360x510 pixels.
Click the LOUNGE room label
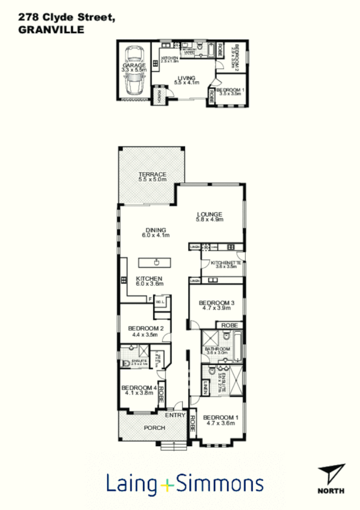point(210,217)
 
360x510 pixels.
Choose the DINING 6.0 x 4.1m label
point(155,232)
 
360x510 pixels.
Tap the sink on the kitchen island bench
point(156,262)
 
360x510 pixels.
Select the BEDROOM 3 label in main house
point(216,304)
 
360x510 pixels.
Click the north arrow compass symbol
point(332,474)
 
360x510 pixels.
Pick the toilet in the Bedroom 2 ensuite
point(124,363)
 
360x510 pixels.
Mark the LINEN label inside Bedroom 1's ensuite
point(205,389)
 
